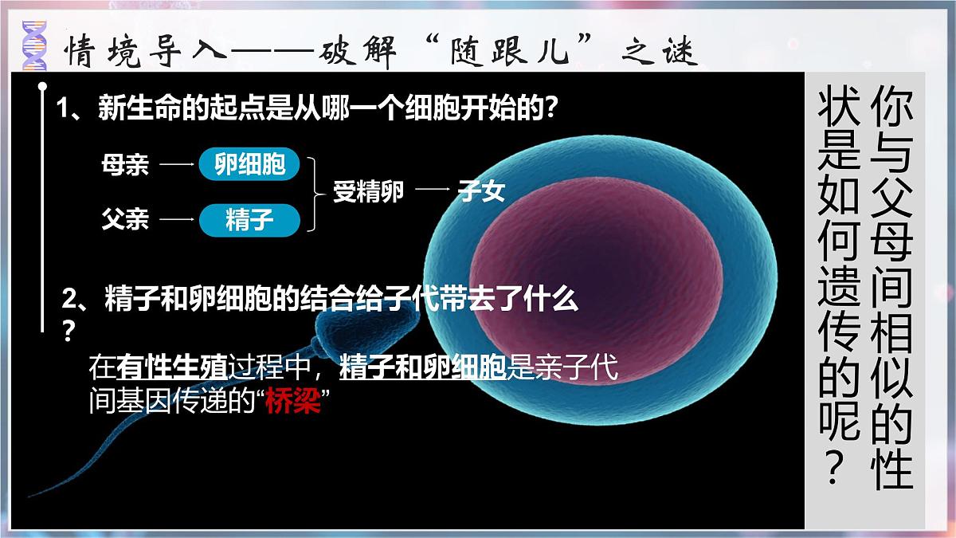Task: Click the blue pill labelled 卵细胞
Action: (x=249, y=164)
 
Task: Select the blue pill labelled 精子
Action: (x=249, y=219)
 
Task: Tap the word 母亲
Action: (x=125, y=165)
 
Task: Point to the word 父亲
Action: (x=125, y=219)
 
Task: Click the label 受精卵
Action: (x=368, y=192)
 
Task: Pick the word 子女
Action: (x=482, y=191)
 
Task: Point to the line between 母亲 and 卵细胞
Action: (x=177, y=165)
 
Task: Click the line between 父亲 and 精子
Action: (x=177, y=219)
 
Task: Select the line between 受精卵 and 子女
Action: (x=432, y=191)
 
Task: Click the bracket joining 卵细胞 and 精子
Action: (x=318, y=192)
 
